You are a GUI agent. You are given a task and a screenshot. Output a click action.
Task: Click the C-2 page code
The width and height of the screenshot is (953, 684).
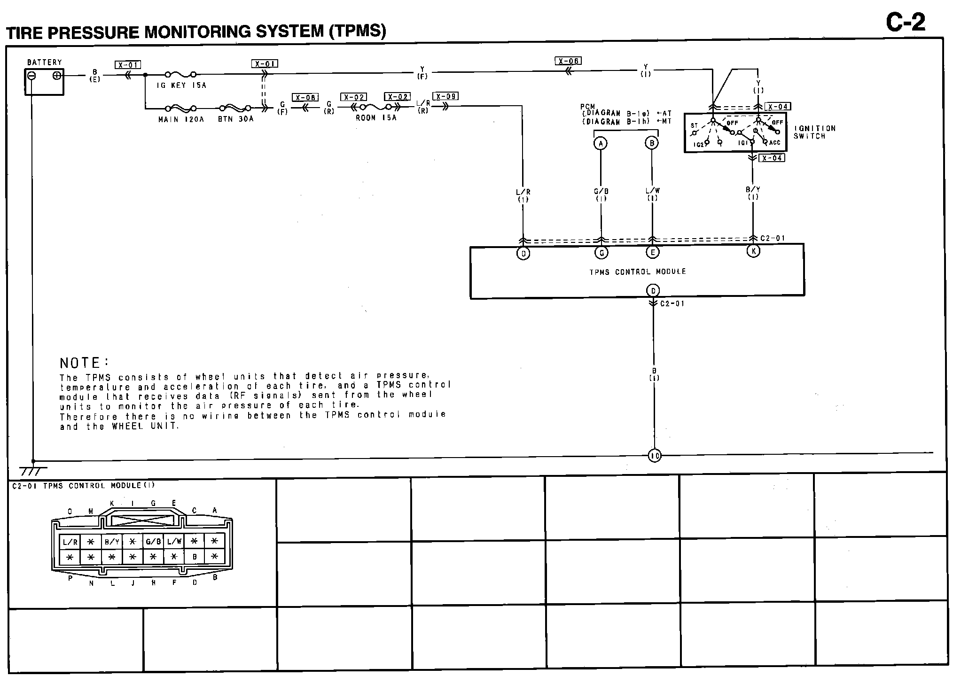[906, 23]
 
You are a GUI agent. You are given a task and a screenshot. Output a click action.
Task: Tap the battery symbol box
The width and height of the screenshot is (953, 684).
[44, 81]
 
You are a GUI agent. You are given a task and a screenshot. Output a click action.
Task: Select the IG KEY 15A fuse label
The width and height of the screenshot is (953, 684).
[181, 85]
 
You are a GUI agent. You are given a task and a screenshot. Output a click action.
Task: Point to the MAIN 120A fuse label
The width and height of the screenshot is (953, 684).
[181, 119]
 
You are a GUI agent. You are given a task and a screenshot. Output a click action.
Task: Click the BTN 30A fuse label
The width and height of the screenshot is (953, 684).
[235, 119]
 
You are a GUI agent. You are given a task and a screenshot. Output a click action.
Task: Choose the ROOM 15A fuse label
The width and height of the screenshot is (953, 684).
[376, 118]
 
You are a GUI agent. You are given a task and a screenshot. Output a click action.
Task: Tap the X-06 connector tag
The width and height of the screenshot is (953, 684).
[568, 61]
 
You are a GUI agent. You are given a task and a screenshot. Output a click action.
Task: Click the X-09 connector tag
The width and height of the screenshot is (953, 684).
[445, 96]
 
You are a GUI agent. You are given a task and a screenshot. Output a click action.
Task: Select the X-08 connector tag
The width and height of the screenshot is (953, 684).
[305, 98]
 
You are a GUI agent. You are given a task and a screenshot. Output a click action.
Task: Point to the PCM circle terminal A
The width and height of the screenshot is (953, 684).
[601, 143]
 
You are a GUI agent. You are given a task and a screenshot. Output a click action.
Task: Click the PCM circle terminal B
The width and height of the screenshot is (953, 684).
[652, 143]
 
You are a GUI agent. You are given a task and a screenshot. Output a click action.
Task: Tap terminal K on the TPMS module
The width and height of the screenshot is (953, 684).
[753, 251]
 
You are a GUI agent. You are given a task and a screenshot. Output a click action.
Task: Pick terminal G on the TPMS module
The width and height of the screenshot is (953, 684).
[601, 253]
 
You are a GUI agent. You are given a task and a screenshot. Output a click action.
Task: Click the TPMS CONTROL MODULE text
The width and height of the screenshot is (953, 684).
[638, 272]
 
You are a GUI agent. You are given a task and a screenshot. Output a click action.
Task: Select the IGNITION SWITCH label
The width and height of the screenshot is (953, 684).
[815, 132]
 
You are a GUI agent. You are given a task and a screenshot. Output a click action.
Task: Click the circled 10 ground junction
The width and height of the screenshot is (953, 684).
[654, 455]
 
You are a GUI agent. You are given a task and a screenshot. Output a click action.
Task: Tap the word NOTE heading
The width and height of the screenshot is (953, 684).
[83, 363]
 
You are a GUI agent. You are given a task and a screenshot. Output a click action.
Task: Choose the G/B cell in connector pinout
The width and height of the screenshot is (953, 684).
[153, 542]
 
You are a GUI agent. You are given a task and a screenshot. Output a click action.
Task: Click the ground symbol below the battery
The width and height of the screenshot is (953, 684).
[33, 470]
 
